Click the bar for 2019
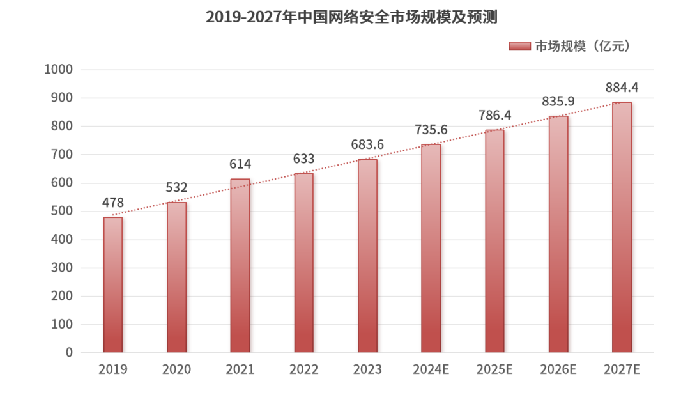[113, 285]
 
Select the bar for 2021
[240, 266]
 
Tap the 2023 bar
[367, 256]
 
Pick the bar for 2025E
[494, 241]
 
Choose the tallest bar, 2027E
[622, 228]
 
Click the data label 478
[113, 203]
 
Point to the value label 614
[240, 164]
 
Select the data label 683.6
[367, 144]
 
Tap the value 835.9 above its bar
[558, 101]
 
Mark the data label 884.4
[622, 88]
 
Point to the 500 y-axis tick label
[62, 212]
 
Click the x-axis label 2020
[176, 369]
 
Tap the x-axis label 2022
[303, 369]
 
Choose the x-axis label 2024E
[431, 369]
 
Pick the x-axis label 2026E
[558, 369]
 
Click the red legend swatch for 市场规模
[519, 46]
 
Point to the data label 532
[176, 188]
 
